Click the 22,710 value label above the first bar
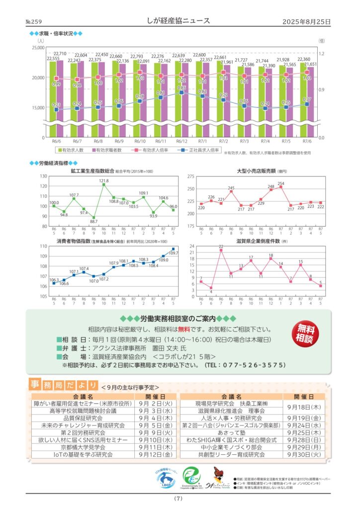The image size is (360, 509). pyautogui.click(x=61, y=54)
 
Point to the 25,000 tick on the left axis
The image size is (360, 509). pyautogui.click(x=38, y=48)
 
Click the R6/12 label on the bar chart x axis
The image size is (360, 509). pyautogui.click(x=181, y=142)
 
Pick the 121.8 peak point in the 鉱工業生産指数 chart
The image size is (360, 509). pyautogui.click(x=104, y=184)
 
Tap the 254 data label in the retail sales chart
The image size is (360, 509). pyautogui.click(x=281, y=184)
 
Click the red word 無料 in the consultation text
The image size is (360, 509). pyautogui.click(x=185, y=329)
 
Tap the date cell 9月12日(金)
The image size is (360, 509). pyautogui.click(x=155, y=455)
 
